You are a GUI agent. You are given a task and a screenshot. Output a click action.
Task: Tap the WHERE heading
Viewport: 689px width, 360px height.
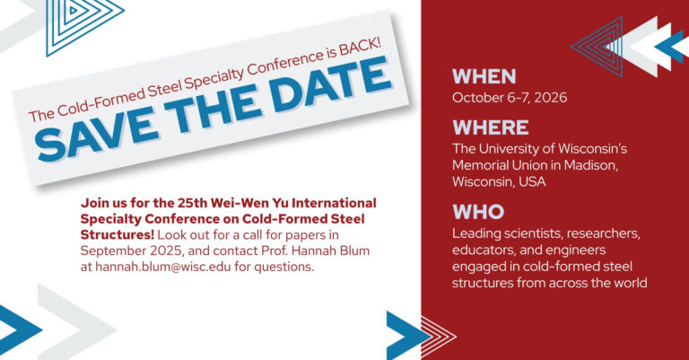490,127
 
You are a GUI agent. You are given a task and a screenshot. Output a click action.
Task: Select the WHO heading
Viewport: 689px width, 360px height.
478,213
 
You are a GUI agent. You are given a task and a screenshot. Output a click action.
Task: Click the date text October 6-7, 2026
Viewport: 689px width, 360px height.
510,97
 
